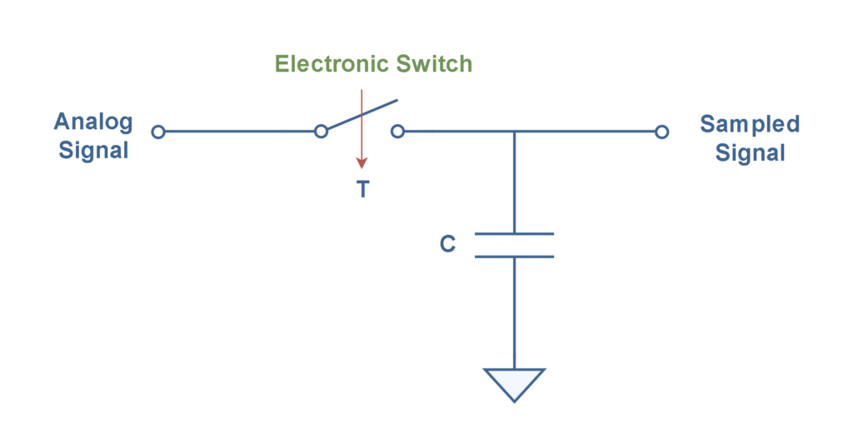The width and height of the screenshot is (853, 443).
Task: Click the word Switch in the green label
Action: [x=434, y=63]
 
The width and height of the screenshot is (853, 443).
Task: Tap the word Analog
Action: [x=93, y=122]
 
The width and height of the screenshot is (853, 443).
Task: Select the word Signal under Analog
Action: [x=93, y=150]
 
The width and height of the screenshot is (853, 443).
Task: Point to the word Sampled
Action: [x=750, y=124]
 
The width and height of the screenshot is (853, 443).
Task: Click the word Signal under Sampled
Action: [x=750, y=152]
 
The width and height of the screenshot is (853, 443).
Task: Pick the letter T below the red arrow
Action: [x=363, y=189]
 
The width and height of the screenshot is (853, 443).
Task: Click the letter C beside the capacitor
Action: [x=447, y=244]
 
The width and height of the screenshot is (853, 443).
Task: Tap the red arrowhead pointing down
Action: [x=362, y=162]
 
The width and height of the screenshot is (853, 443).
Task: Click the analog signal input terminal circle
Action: [x=158, y=132]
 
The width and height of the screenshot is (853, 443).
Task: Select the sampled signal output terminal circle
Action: [x=661, y=132]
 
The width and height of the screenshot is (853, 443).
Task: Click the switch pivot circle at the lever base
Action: [x=321, y=132]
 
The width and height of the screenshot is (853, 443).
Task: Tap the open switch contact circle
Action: [x=397, y=132]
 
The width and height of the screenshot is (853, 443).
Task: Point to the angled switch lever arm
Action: [x=362, y=115]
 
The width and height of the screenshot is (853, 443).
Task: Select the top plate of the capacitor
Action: [x=514, y=234]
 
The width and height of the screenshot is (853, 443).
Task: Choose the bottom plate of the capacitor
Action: [x=514, y=256]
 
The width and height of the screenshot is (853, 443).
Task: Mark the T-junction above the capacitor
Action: [x=514, y=132]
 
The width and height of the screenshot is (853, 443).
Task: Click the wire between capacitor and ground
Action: [x=514, y=313]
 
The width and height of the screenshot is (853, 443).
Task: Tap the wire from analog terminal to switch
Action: [x=239, y=132]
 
